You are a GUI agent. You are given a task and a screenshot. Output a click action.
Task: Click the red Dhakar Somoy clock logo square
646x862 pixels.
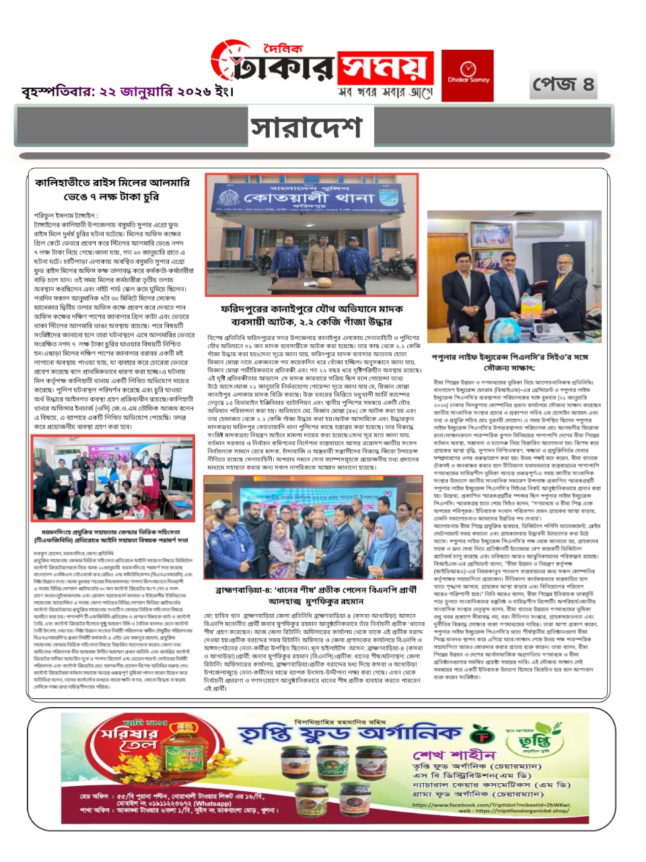click(467, 75)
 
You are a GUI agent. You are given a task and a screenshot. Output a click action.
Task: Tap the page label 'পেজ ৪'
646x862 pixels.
click(563, 85)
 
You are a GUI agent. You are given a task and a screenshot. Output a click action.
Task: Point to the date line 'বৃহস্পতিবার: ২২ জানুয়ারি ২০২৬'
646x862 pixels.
click(127, 92)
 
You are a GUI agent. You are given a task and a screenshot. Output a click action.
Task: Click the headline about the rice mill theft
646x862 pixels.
click(112, 189)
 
